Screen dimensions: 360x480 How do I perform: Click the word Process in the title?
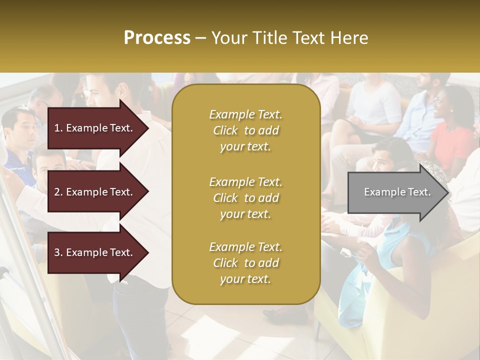[x=157, y=38]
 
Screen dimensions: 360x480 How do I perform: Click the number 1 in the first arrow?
[x=56, y=128]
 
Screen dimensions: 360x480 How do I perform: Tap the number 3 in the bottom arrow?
[x=56, y=252]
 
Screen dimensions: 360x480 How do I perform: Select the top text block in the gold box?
[x=245, y=130]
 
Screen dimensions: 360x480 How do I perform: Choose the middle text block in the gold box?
[x=245, y=198]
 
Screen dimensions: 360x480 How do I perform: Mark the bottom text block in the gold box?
[x=245, y=263]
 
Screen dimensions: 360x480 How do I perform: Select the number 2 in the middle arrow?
[x=56, y=192]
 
